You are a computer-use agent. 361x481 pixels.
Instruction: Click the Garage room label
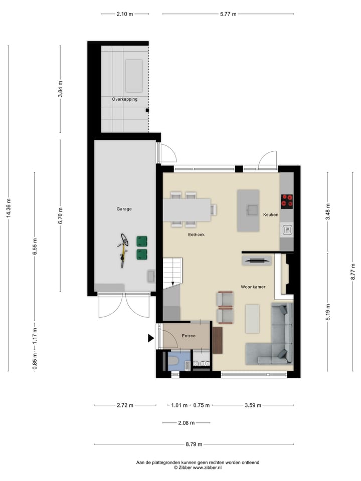124,209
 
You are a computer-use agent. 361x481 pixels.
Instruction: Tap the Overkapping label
124,99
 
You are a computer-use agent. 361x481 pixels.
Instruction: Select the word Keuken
271,214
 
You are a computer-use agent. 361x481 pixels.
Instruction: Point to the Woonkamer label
253,287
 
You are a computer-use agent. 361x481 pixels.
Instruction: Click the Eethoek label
196,234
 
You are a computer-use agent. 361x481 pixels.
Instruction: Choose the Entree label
189,336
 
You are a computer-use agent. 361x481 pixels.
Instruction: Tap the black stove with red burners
287,201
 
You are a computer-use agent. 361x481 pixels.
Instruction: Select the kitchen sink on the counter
287,230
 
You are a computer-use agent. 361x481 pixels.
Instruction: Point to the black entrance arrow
150,339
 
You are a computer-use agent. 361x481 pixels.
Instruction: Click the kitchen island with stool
248,210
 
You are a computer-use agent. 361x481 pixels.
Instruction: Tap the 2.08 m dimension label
186,423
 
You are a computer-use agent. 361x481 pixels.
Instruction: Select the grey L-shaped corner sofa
276,341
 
